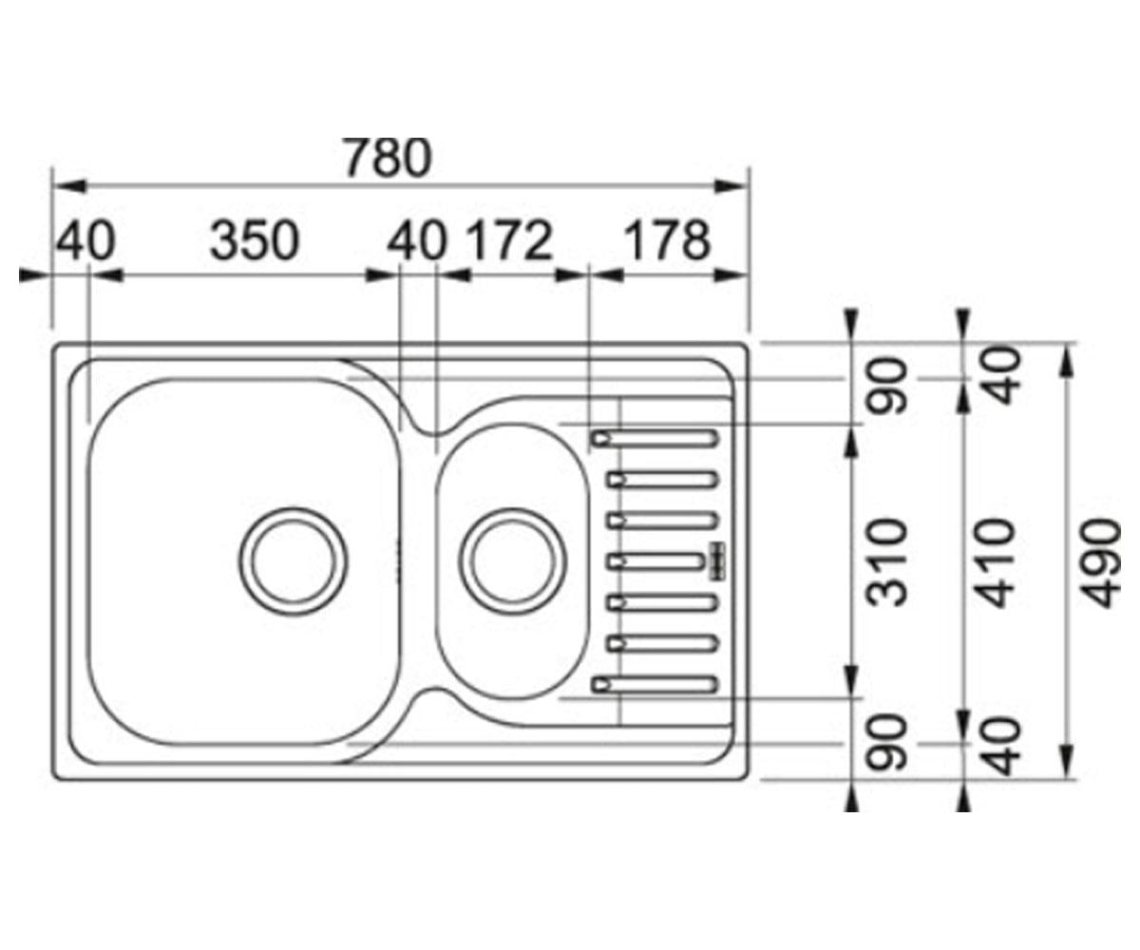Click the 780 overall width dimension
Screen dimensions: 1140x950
click(387, 158)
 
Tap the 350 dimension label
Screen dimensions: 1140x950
click(255, 240)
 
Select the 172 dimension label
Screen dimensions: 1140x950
click(510, 240)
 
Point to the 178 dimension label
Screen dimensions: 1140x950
click(667, 240)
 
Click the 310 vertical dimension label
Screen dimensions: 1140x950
click(887, 563)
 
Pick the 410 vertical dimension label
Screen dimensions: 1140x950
click(996, 563)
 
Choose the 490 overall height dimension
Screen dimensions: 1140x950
click(1101, 563)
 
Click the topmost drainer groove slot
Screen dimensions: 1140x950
click(655, 439)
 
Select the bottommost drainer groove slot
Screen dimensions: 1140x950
click(655, 685)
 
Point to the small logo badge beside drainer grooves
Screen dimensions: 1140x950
click(716, 560)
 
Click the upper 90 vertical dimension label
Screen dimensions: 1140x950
click(887, 386)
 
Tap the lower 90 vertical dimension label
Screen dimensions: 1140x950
click(887, 743)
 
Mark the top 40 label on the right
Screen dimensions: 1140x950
click(1000, 375)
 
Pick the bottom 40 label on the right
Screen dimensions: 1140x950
click(1000, 747)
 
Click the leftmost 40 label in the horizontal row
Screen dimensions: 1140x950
click(85, 240)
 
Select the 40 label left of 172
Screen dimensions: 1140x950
click(417, 240)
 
